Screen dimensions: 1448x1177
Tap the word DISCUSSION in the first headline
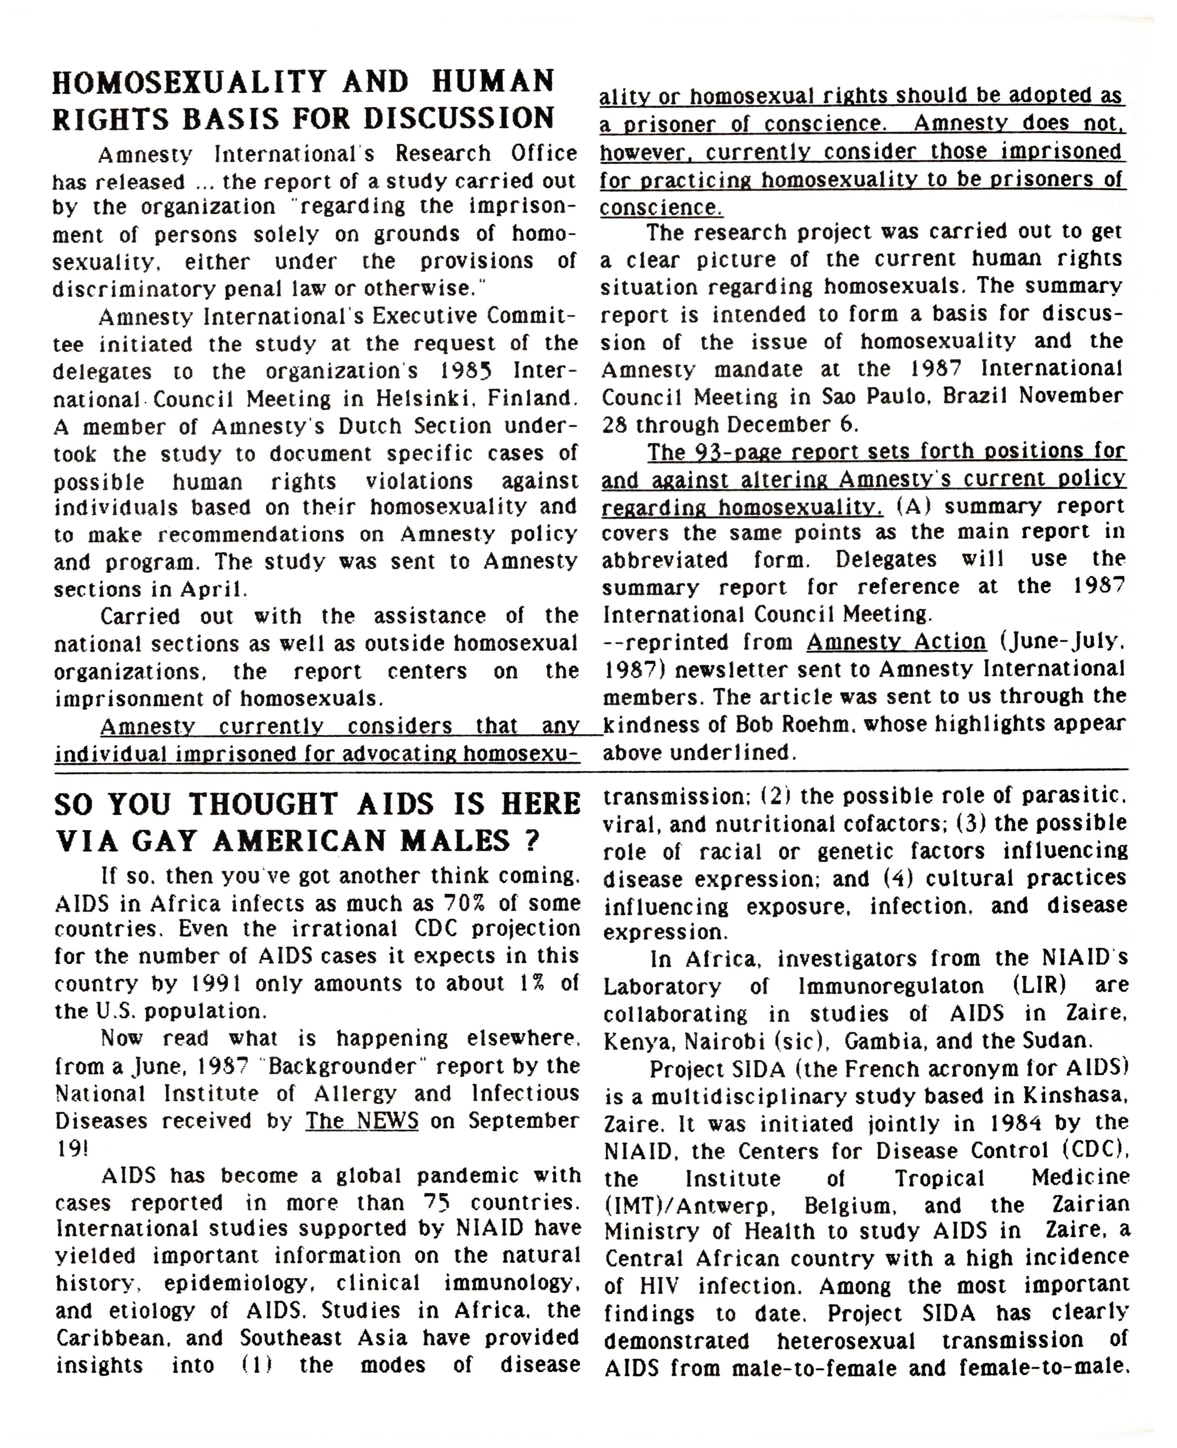point(460,118)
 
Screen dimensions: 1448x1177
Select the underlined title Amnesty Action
point(895,642)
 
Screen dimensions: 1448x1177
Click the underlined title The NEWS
point(362,1121)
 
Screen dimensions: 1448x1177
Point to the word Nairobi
point(725,1040)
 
